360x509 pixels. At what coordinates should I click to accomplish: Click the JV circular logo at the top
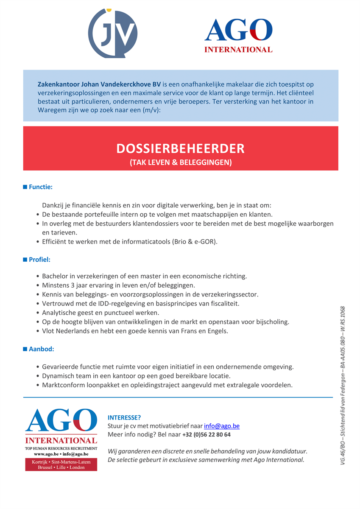[x=113, y=33]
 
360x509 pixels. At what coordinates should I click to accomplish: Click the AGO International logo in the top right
[x=238, y=36]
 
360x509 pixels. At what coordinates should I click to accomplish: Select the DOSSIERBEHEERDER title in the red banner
[x=180, y=149]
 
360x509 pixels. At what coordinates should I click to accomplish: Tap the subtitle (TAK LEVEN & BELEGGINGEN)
[x=180, y=162]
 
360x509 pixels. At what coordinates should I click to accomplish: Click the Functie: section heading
[x=41, y=187]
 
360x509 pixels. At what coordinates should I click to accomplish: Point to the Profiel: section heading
[x=39, y=260]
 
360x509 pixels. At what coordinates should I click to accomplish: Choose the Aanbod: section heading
[x=41, y=349]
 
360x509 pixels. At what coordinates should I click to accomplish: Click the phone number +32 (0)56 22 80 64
[x=207, y=435]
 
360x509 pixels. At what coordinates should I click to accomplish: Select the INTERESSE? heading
[x=124, y=417]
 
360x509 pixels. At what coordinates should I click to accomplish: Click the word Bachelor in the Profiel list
[x=56, y=277]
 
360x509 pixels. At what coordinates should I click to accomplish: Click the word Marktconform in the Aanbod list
[x=62, y=386]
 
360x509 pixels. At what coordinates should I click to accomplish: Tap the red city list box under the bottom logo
[x=61, y=464]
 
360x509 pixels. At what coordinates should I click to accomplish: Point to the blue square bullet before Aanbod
[x=25, y=349]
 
